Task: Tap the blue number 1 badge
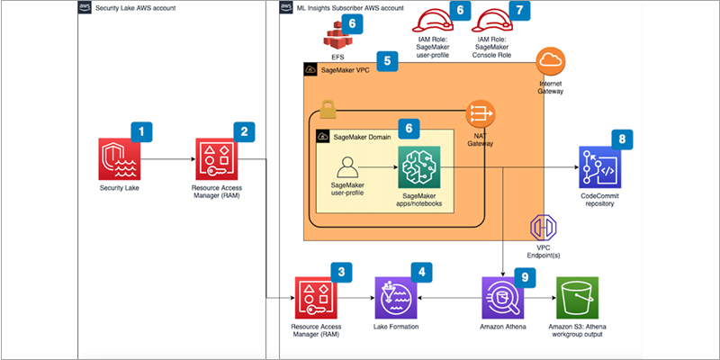(140, 131)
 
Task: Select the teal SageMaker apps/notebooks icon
(421, 167)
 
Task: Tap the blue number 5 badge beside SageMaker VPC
(388, 62)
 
